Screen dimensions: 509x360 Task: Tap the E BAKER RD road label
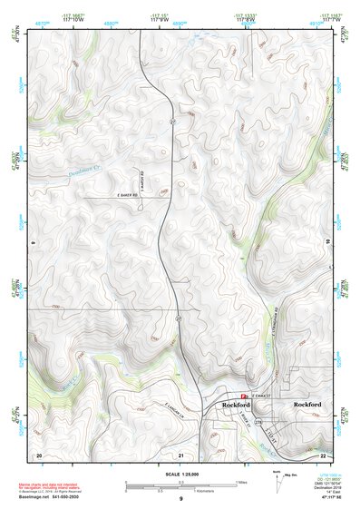click(x=132, y=197)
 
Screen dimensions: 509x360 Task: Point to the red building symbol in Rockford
click(x=219, y=396)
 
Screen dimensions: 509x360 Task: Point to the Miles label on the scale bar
click(x=243, y=483)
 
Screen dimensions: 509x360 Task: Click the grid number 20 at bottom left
click(x=39, y=453)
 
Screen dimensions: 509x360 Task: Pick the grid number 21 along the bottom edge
click(x=181, y=454)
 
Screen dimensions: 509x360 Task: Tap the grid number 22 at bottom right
click(x=324, y=453)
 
